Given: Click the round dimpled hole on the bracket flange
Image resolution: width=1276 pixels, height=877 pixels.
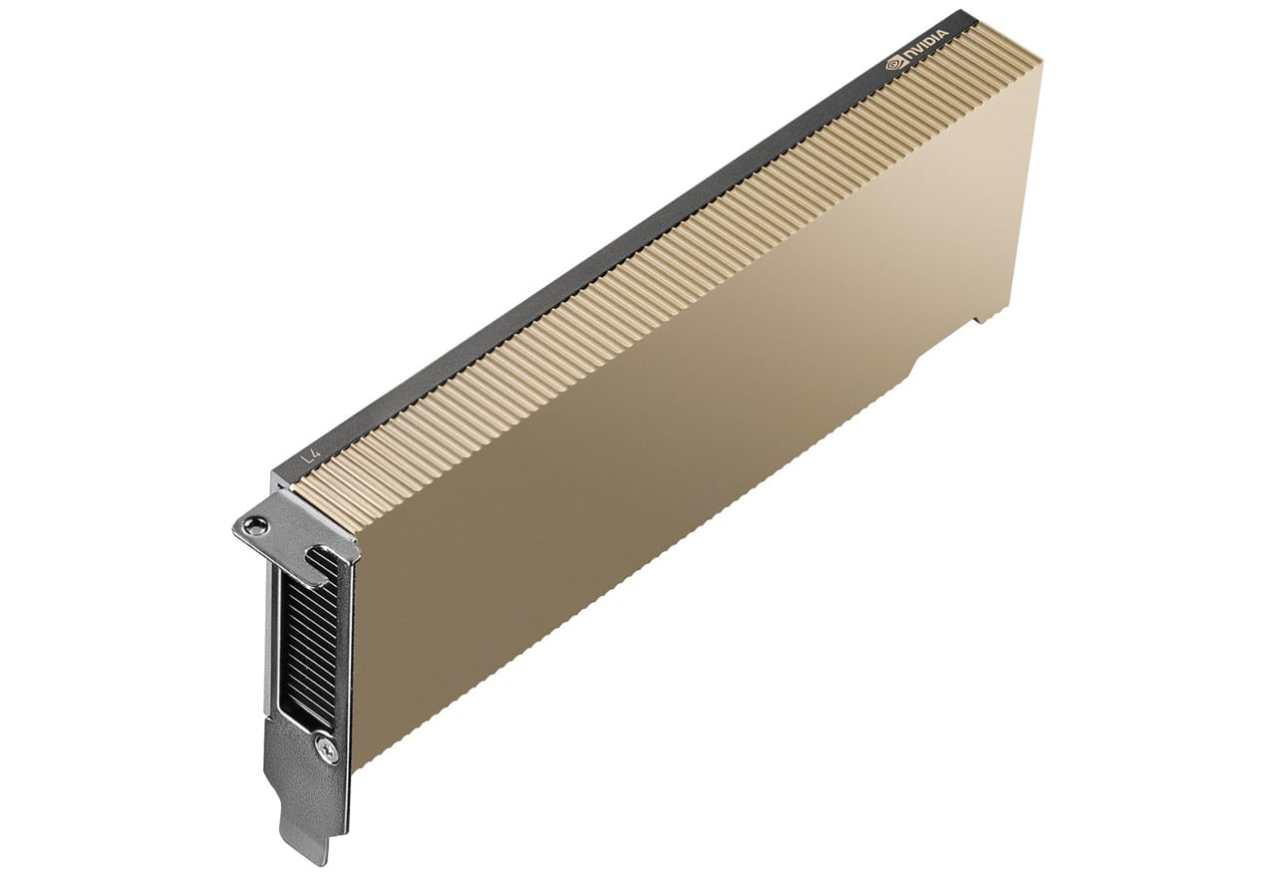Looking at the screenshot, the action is coord(253,523).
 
